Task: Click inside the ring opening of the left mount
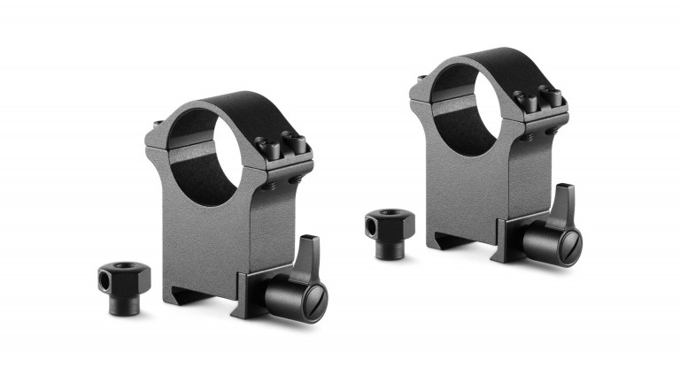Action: pos(202,155)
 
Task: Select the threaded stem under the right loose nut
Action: pos(386,252)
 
